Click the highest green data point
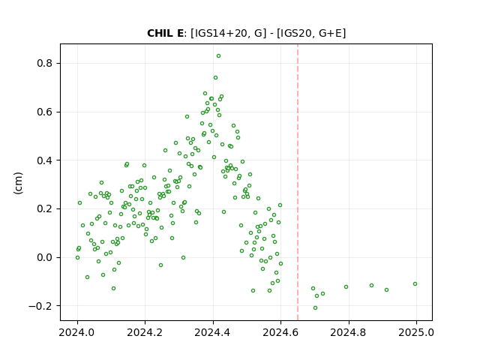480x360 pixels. (x=218, y=56)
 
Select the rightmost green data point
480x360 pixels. (x=415, y=283)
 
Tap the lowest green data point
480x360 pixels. (x=315, y=307)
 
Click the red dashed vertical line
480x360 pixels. (x=298, y=182)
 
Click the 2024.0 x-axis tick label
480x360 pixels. (x=77, y=332)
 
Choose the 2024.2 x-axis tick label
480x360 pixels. (x=145, y=332)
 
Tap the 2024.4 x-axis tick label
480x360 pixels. (x=213, y=332)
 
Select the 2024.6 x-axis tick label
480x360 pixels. (x=280, y=332)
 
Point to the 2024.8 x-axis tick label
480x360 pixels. (x=348, y=332)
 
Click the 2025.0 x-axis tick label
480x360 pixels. (x=416, y=332)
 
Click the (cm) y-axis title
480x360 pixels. (x=18, y=183)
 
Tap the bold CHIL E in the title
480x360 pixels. (x=165, y=33)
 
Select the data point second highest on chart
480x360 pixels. (x=215, y=78)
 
